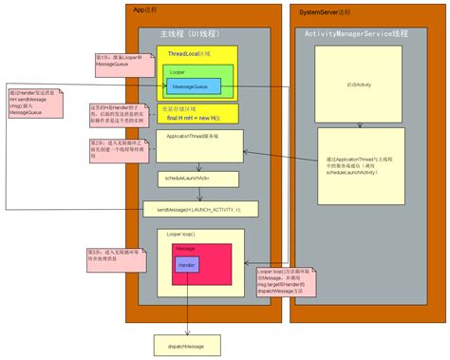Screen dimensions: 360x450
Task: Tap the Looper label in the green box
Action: click(178, 71)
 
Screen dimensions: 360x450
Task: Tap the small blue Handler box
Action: click(186, 265)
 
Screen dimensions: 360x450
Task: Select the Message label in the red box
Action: click(185, 249)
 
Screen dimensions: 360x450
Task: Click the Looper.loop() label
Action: click(180, 233)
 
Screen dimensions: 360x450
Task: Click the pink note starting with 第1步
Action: click(120, 61)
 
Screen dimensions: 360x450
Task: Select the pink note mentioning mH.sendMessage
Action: click(32, 105)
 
